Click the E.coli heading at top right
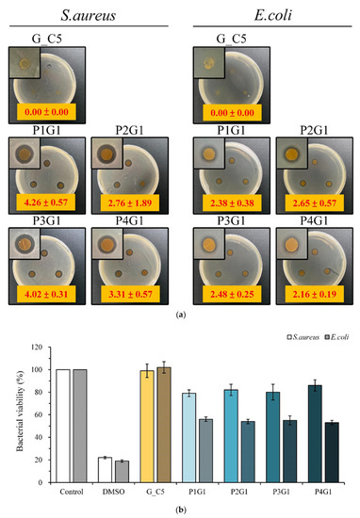266,13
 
